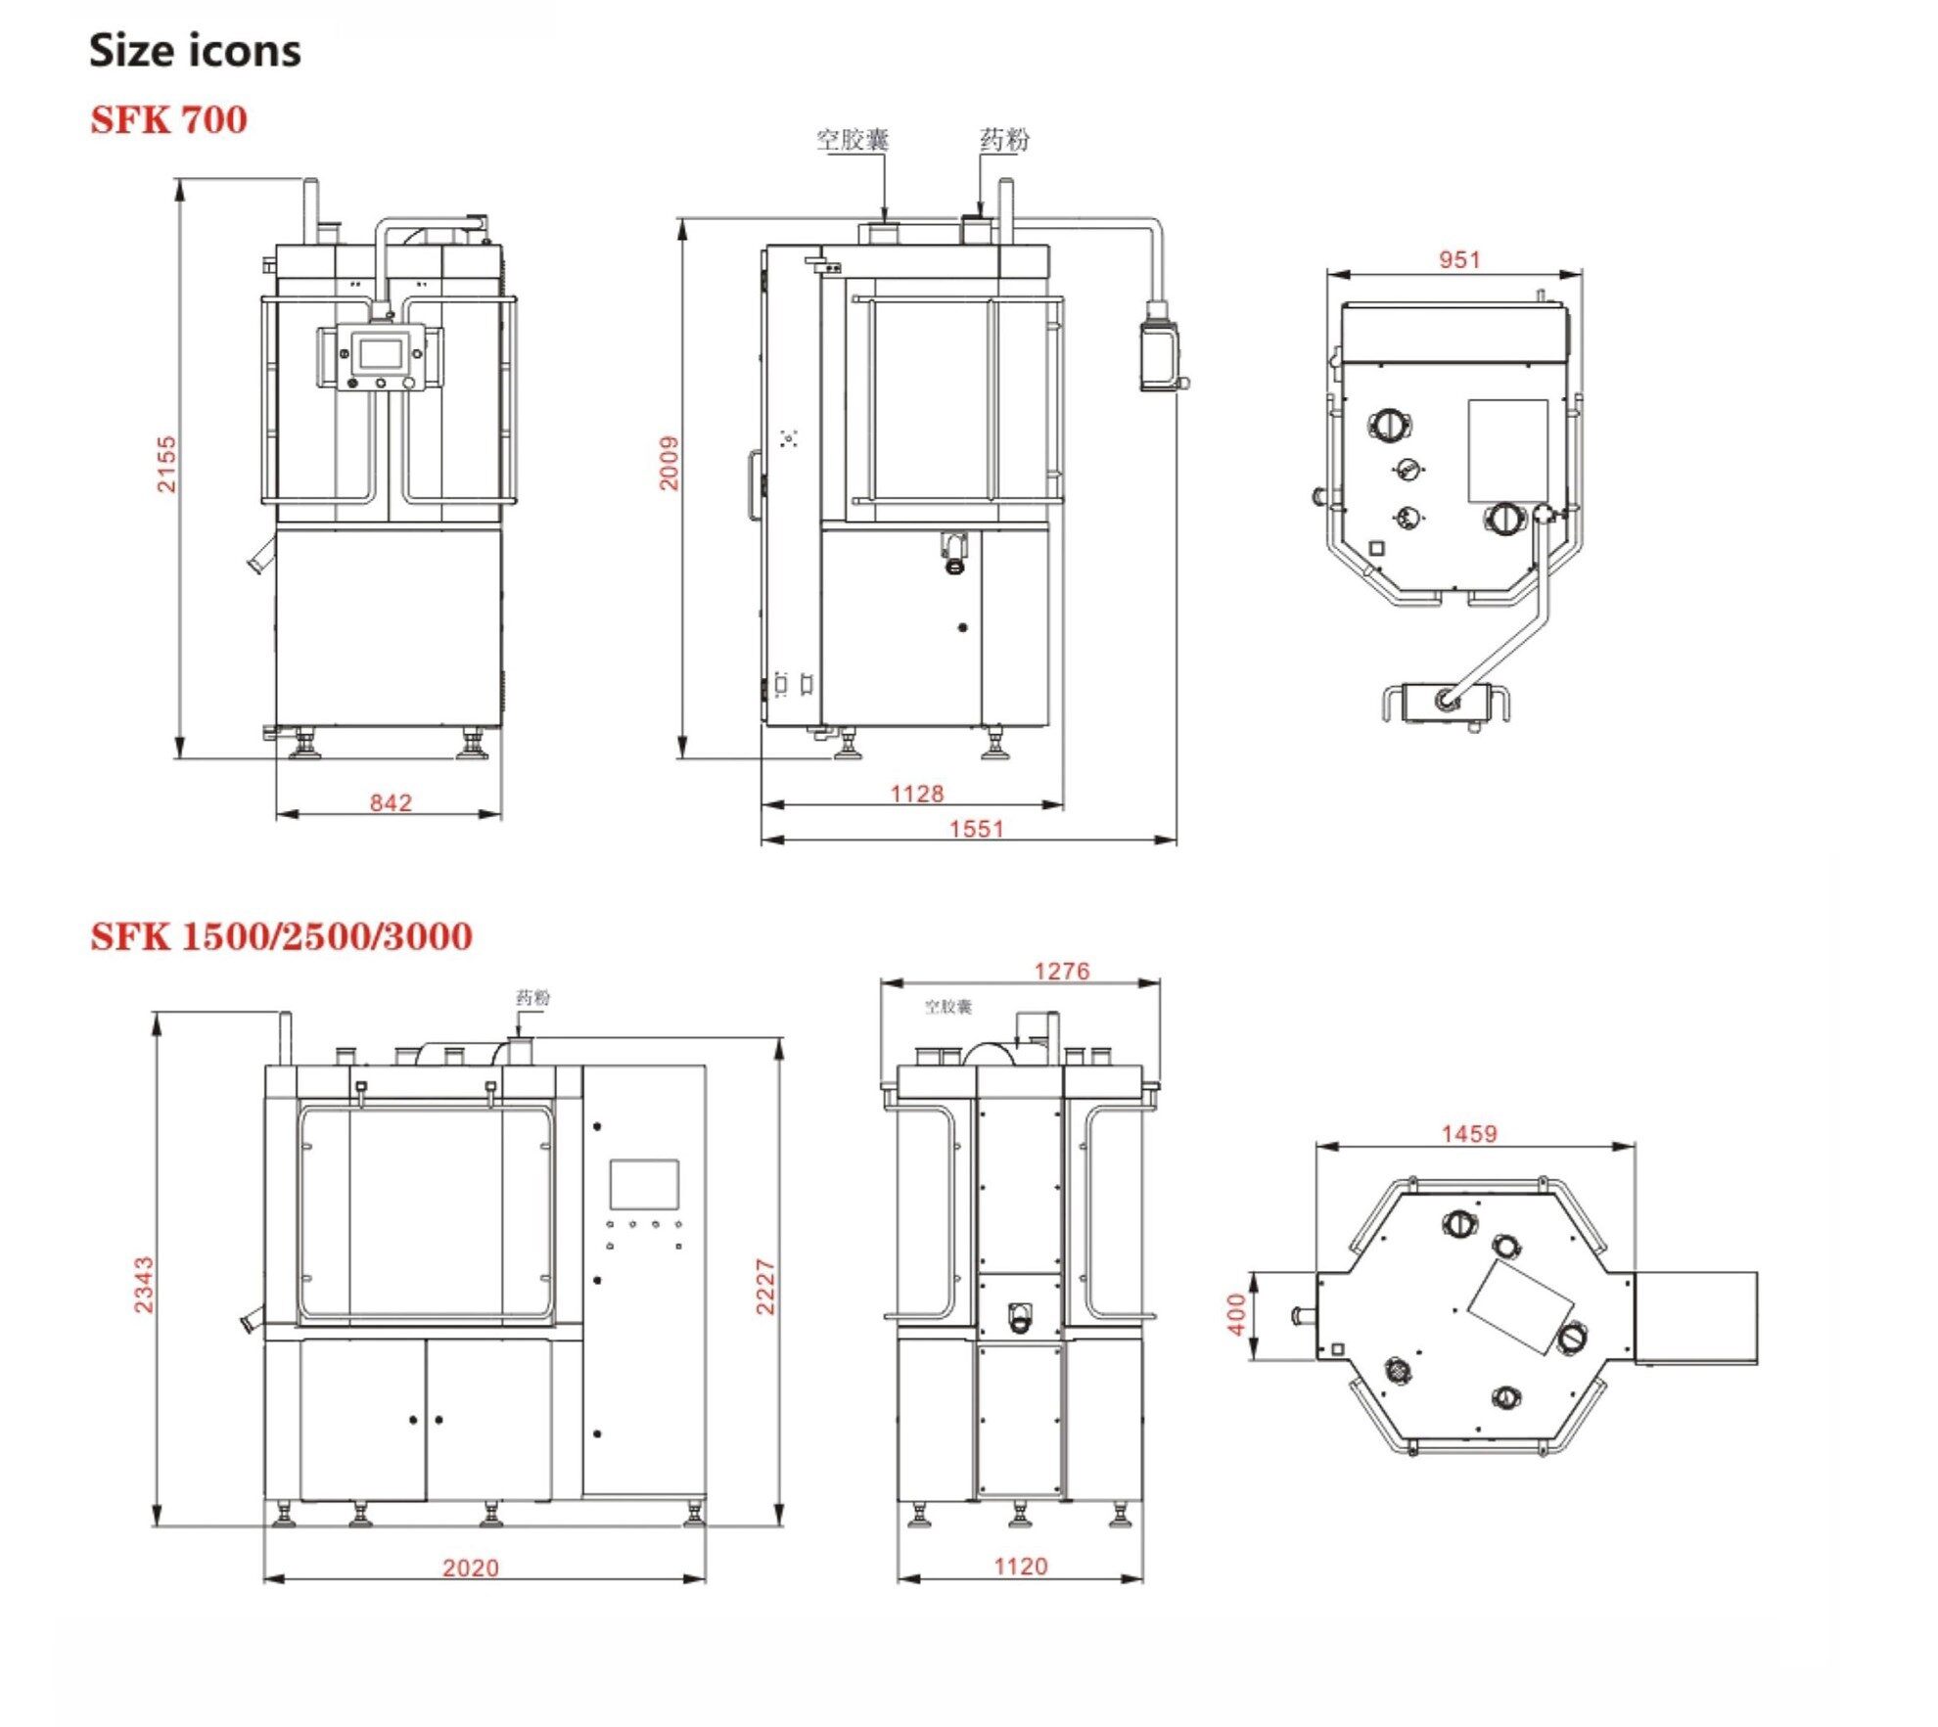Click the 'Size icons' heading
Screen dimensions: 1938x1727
(x=195, y=51)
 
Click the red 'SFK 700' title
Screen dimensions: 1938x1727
(x=168, y=119)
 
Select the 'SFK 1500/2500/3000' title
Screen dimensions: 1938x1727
(x=281, y=936)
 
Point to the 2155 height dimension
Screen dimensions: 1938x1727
(x=167, y=464)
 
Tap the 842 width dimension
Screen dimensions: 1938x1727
(x=391, y=802)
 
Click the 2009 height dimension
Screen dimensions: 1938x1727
(x=669, y=463)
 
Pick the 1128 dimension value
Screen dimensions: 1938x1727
(x=917, y=794)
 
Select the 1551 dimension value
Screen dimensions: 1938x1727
(x=977, y=829)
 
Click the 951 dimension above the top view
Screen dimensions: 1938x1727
(x=1459, y=259)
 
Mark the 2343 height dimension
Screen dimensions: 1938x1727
(x=144, y=1285)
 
